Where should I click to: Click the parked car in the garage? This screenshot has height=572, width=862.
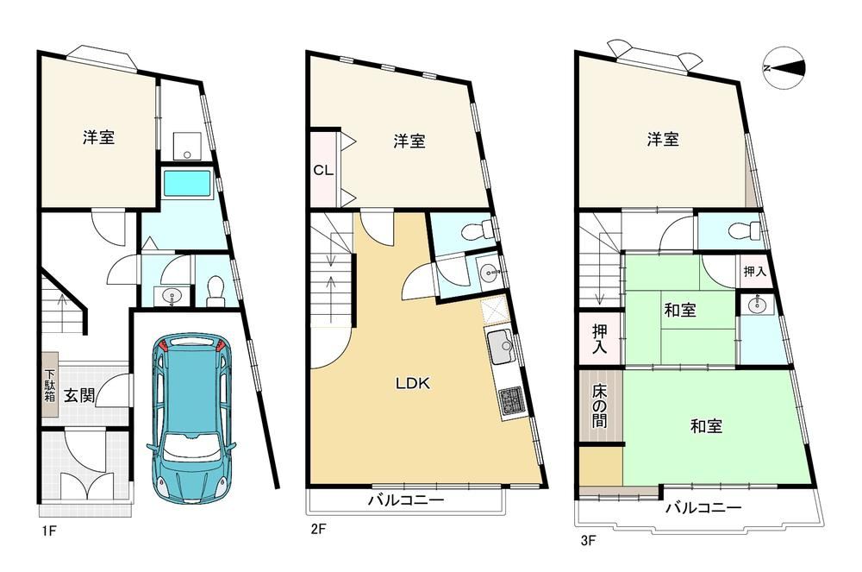(x=191, y=417)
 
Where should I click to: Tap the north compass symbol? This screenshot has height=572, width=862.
(x=784, y=68)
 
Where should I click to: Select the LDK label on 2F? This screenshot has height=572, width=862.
(x=413, y=383)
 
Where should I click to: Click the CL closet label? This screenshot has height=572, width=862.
(x=323, y=170)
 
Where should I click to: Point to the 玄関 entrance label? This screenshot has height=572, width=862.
(x=79, y=395)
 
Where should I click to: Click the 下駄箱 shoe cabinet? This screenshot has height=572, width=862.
(x=49, y=384)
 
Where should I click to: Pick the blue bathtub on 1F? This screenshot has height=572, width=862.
(x=187, y=183)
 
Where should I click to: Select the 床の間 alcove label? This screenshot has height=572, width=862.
(x=599, y=405)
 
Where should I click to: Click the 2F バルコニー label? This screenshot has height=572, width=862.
(x=406, y=500)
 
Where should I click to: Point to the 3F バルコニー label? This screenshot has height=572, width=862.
(x=703, y=507)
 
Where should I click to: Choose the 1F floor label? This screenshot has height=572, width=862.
(x=47, y=531)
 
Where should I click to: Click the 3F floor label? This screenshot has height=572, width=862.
(x=588, y=540)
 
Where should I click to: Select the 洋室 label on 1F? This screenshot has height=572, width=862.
(x=99, y=137)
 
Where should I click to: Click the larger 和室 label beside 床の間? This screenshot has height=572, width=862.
(x=707, y=425)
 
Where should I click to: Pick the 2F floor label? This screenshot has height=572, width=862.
(x=320, y=529)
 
